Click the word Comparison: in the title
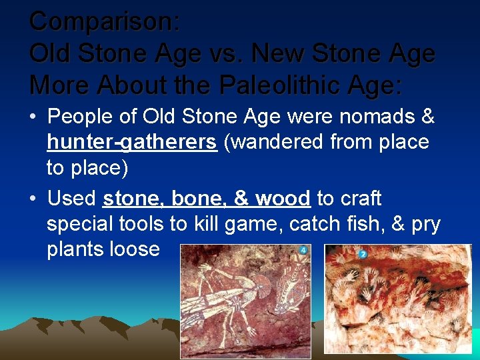[105, 21]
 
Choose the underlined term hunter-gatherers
[132, 142]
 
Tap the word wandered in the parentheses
[281, 142]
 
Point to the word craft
[359, 198]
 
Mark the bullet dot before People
[33, 117]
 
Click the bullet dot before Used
[33, 199]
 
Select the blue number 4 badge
[303, 251]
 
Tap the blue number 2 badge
[363, 254]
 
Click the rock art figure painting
[246, 301]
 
